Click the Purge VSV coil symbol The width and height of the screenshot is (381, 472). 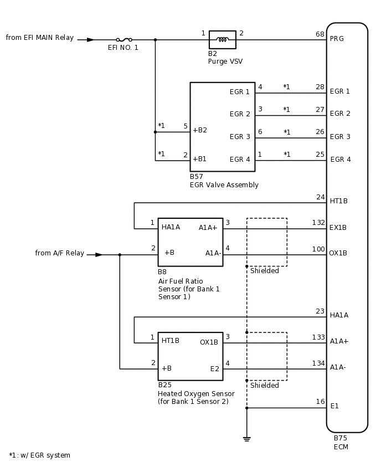click(222, 40)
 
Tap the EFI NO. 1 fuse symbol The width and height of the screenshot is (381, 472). click(123, 40)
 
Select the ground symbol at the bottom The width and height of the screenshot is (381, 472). click(246, 439)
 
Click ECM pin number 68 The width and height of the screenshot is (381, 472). click(320, 34)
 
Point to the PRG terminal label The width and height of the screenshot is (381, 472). click(337, 39)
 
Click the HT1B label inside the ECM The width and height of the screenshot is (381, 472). click(338, 201)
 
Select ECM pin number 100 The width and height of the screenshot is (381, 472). click(318, 249)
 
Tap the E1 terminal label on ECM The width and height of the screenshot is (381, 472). click(334, 406)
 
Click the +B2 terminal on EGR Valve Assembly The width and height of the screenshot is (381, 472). click(199, 130)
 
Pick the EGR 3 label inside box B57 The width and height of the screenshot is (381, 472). click(240, 137)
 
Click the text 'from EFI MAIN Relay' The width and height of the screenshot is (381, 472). click(40, 38)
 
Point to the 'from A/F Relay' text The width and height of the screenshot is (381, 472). click(60, 253)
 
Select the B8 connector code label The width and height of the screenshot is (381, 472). click(162, 272)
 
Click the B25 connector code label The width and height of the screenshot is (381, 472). click(164, 384)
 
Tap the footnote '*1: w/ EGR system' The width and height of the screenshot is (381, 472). click(39, 455)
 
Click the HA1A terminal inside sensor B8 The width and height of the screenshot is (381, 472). click(171, 227)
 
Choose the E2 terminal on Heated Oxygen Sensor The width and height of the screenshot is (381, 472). click(214, 368)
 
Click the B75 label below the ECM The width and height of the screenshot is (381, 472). click(340, 438)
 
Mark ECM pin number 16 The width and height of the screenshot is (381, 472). click(320, 402)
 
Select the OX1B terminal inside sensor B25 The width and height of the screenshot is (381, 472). click(209, 342)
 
